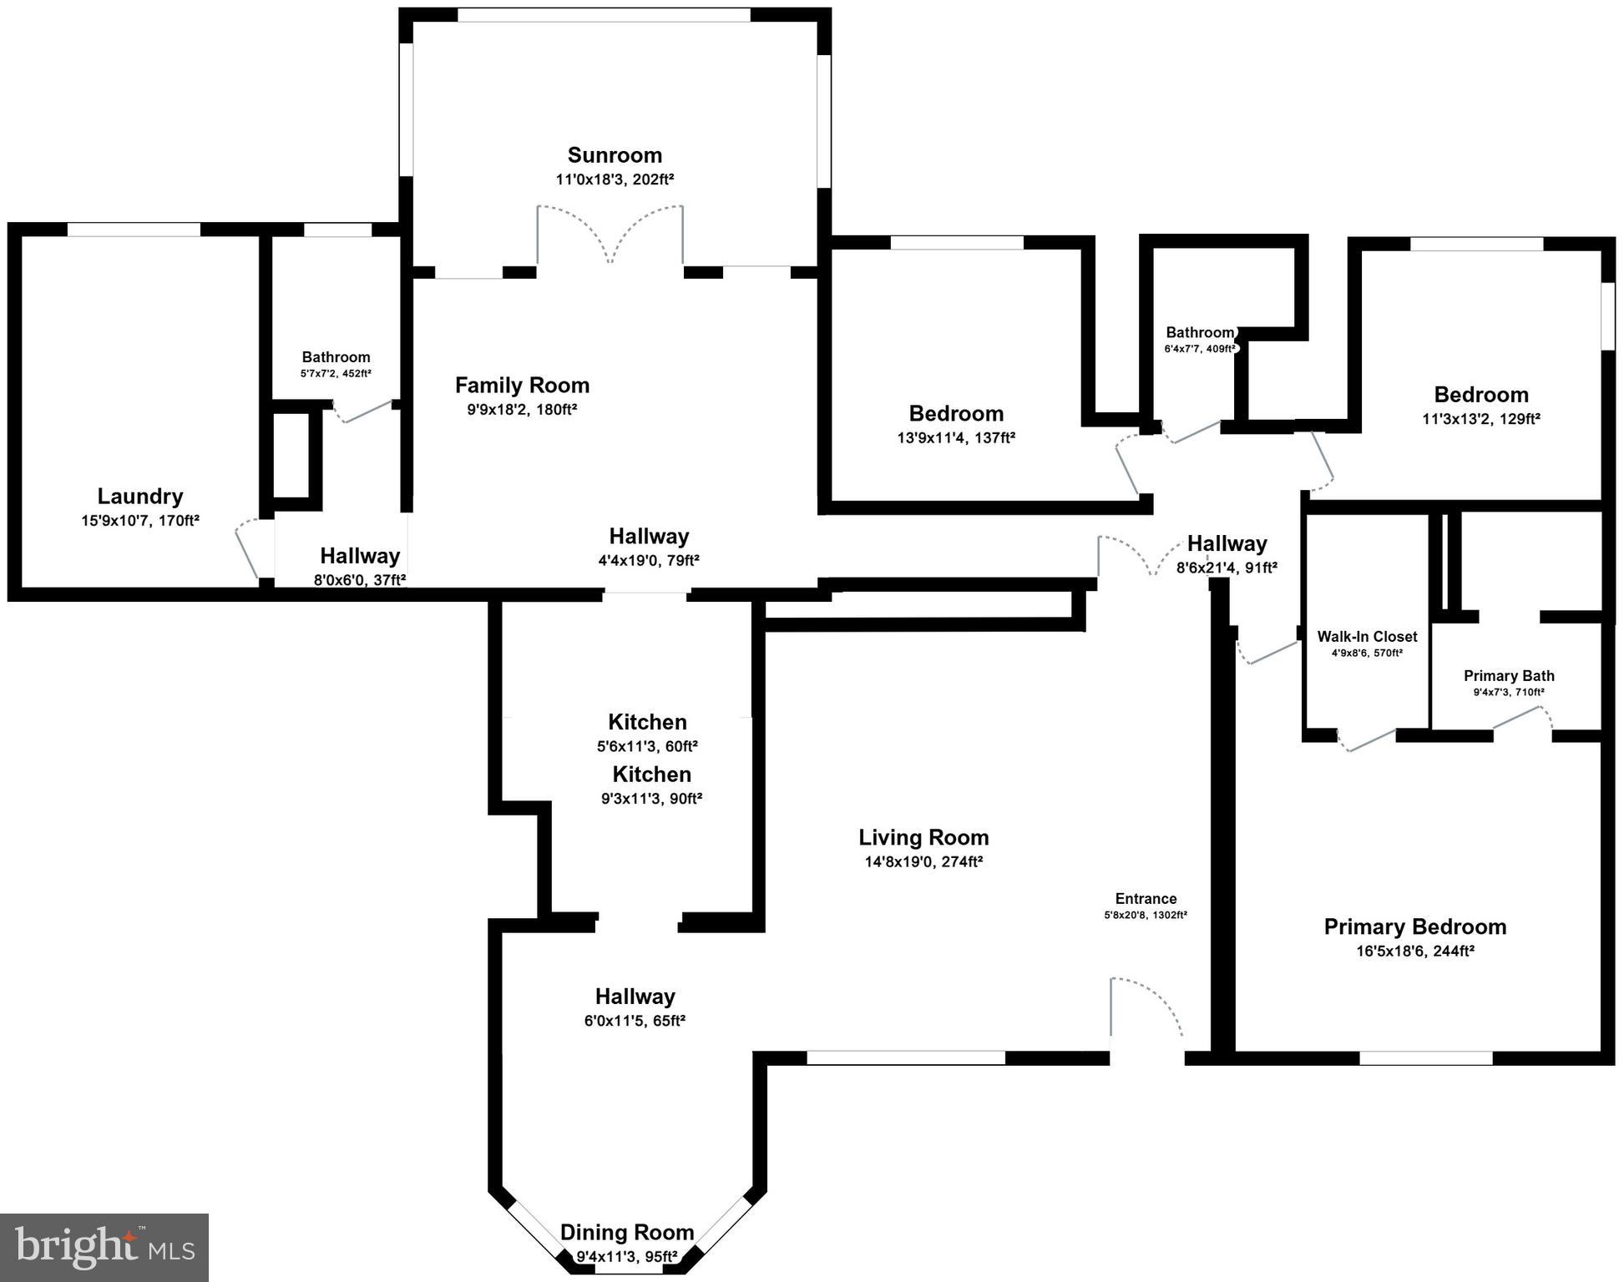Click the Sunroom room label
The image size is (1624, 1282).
[615, 155]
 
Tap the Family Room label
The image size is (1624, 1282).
[522, 385]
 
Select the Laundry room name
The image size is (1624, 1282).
[140, 497]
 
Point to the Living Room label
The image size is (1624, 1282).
[923, 837]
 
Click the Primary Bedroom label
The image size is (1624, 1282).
[1415, 926]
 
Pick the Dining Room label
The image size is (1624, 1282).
[627, 1232]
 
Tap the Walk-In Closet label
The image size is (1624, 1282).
[1367, 637]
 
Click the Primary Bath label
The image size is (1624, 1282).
[1509, 676]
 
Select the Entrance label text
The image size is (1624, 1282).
[1146, 899]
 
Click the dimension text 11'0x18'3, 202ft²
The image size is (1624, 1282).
[615, 179]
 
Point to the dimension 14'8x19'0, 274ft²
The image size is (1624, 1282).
[923, 861]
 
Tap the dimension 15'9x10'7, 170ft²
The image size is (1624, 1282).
[140, 521]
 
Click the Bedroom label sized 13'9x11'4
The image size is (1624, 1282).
[956, 414]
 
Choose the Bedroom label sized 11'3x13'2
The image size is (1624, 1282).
[1481, 395]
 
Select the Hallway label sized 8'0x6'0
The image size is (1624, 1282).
[360, 556]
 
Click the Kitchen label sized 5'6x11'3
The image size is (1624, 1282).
[647, 722]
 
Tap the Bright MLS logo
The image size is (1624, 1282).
[104, 1248]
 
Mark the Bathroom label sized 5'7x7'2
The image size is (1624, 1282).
[336, 357]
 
